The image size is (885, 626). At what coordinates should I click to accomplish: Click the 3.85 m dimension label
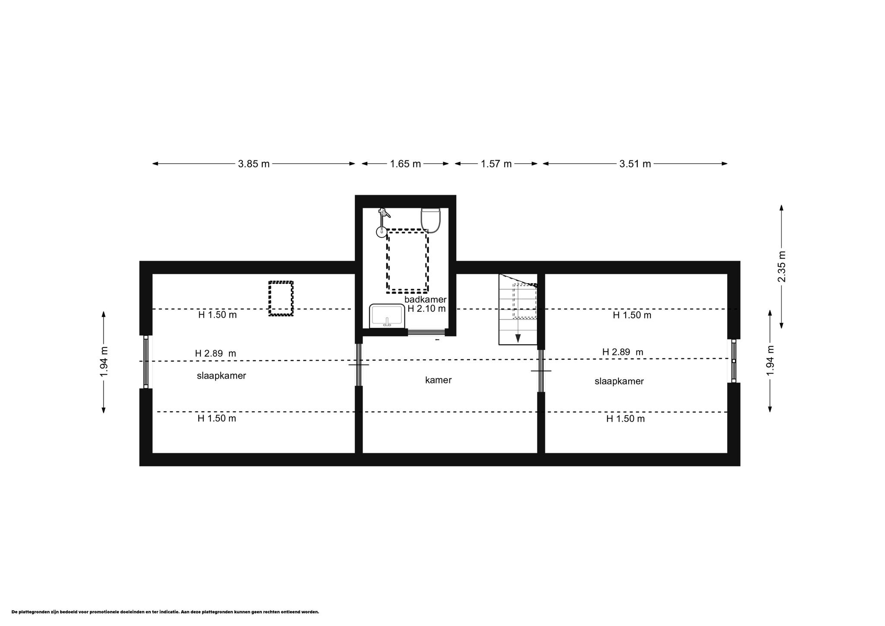(254, 164)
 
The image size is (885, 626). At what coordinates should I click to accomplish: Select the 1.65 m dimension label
(405, 164)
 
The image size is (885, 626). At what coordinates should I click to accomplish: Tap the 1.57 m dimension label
(496, 164)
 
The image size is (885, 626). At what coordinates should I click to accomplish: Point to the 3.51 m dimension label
(635, 164)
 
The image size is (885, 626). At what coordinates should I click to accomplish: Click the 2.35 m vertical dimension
(781, 266)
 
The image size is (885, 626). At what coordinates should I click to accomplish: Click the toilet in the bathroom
(430, 220)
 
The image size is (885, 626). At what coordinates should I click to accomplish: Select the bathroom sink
(387, 316)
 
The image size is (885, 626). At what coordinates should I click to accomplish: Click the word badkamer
(425, 300)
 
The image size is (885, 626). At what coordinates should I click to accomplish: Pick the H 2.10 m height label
(427, 309)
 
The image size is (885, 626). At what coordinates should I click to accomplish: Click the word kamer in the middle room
(438, 380)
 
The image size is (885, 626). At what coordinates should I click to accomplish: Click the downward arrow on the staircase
(518, 339)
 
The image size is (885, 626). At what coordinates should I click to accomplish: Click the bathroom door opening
(426, 332)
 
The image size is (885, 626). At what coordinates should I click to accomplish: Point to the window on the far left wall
(146, 362)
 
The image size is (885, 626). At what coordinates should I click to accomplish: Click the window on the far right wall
(733, 361)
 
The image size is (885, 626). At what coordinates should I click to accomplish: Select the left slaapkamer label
(221, 376)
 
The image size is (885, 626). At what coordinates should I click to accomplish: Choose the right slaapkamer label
(619, 381)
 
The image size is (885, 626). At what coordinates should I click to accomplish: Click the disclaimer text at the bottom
(165, 612)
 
